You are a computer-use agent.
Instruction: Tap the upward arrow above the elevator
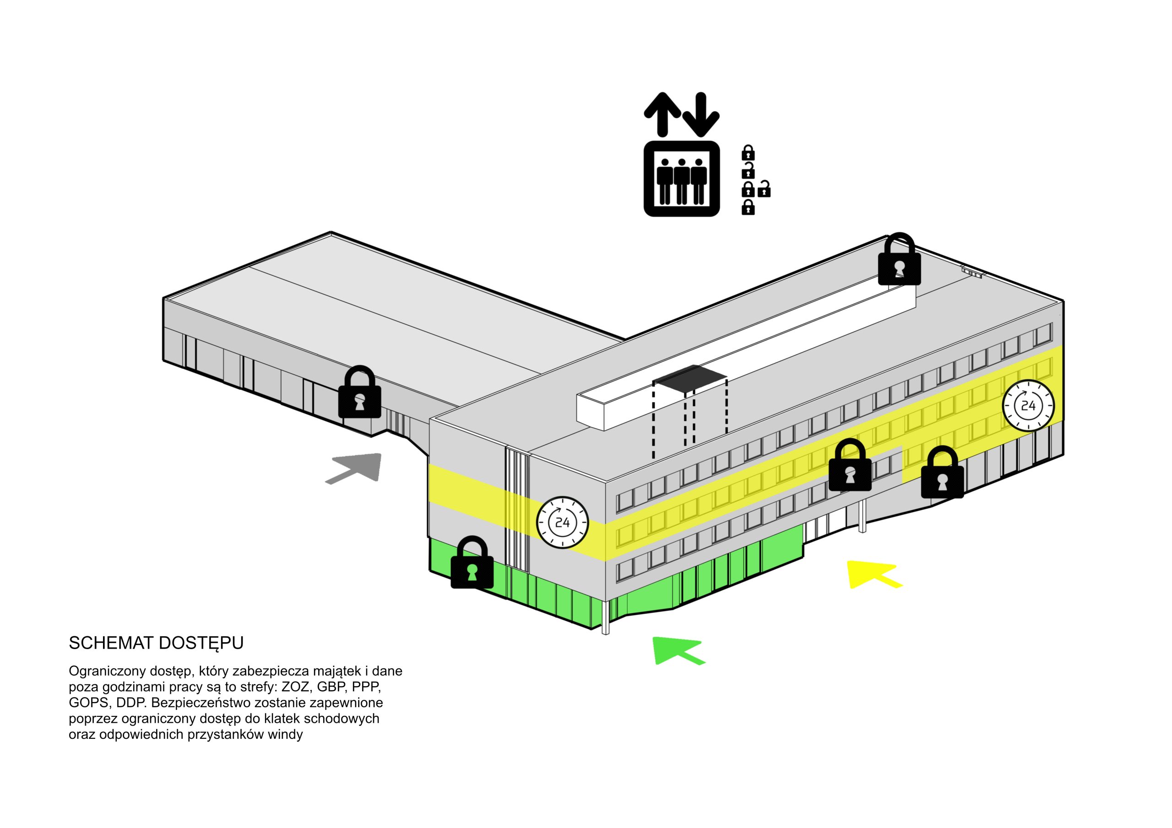pyautogui.click(x=662, y=114)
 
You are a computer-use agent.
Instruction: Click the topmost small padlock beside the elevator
pyautogui.click(x=748, y=152)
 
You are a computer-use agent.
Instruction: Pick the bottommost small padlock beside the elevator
pyautogui.click(x=748, y=207)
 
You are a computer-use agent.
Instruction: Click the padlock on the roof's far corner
pyautogui.click(x=900, y=259)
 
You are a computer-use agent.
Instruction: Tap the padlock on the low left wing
pyautogui.click(x=360, y=392)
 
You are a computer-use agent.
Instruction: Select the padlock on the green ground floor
pyautogui.click(x=472, y=562)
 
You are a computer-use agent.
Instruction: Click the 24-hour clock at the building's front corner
pyautogui.click(x=563, y=522)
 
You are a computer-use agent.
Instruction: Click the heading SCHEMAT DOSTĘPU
pyautogui.click(x=156, y=643)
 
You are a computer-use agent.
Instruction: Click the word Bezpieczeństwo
pyautogui.click(x=200, y=703)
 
